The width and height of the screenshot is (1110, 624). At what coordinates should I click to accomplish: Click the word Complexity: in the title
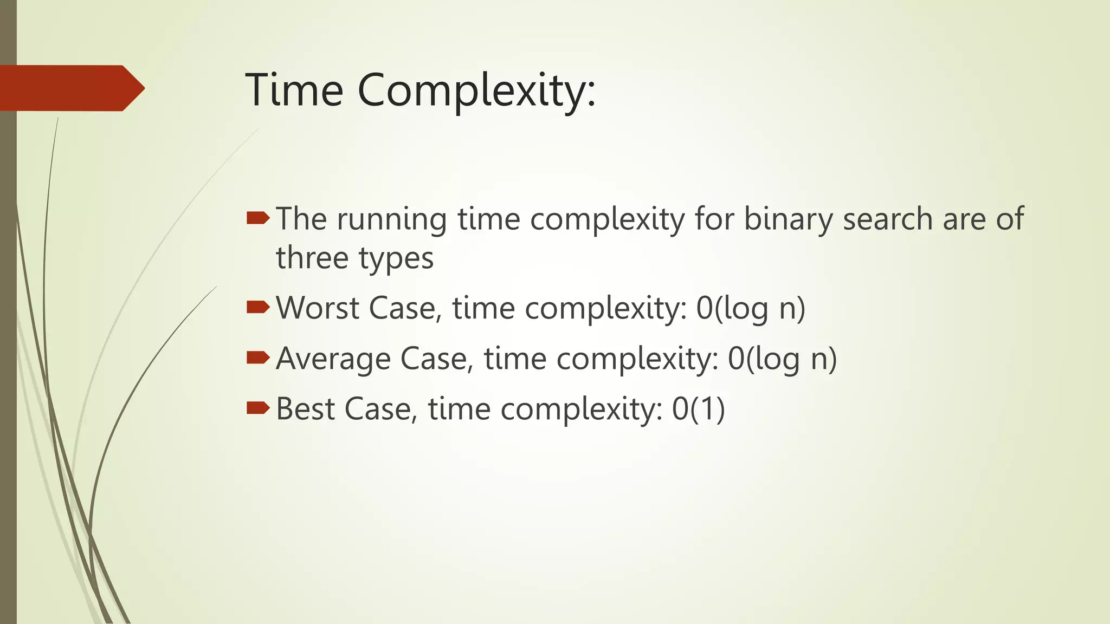click(476, 90)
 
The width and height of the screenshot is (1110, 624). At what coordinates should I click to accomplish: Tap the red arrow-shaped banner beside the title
click(70, 88)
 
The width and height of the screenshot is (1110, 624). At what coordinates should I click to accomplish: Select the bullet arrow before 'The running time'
click(257, 218)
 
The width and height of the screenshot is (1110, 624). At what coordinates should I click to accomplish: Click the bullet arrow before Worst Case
click(257, 308)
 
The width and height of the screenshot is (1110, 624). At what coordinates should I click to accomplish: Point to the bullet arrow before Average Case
click(257, 357)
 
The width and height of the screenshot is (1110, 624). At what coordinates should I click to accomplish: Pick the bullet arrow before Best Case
click(257, 408)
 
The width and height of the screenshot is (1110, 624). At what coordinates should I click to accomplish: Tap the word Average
click(332, 359)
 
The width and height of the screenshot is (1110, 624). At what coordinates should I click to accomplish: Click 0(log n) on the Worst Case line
click(751, 308)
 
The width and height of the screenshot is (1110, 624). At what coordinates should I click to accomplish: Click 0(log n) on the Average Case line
click(782, 359)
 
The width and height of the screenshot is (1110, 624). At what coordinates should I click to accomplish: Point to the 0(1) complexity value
click(698, 408)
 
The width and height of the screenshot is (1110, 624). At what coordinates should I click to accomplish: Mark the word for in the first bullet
click(714, 219)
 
